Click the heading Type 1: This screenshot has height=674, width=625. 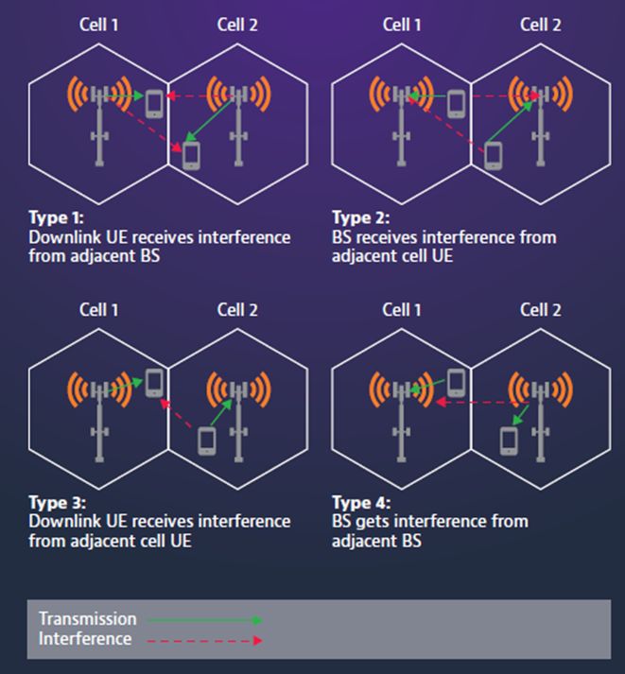pos(57,217)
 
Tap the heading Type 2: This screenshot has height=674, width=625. pos(361,217)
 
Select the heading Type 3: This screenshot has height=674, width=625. pos(58,503)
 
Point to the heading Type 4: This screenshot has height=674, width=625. pos(361,503)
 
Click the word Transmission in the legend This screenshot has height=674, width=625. pos(88,619)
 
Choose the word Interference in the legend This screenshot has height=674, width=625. pos(85,639)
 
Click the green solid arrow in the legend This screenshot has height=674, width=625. pos(204,620)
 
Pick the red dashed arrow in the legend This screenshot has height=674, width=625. pos(204,641)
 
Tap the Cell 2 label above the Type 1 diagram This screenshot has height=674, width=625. pos(237,25)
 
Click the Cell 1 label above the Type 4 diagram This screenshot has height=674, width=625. pos(402,310)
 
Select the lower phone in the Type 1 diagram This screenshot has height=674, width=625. pos(191,156)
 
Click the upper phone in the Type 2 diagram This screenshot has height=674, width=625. pos(456,104)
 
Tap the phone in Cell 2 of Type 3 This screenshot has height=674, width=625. pos(207,441)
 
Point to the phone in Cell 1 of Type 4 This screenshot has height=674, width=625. pos(456,383)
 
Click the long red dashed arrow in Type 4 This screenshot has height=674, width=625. pos(482,403)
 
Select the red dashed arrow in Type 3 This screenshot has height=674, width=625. pos(176,413)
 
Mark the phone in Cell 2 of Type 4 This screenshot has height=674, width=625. pos(509,441)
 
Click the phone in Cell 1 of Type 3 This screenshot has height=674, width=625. pos(154,383)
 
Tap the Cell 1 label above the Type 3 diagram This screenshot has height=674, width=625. pos(99,310)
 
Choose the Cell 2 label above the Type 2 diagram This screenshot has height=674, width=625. pos(541,25)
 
